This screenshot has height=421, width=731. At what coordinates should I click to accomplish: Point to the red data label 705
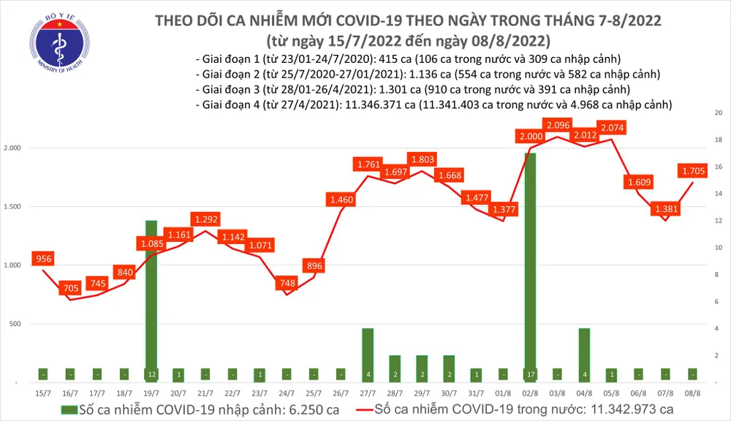pos(70,288)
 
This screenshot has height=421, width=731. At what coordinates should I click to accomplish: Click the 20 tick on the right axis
pos(718,113)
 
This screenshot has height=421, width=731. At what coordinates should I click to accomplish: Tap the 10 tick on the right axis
pos(718,248)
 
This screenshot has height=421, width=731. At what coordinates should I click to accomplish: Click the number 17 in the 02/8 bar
pos(530,374)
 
